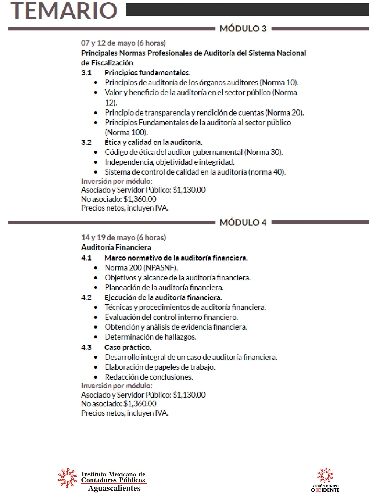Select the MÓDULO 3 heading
pyautogui.click(x=243, y=28)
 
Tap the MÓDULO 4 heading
pyautogui.click(x=243, y=222)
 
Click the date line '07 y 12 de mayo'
pyautogui.click(x=123, y=43)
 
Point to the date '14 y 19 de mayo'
pyautogui.click(x=123, y=238)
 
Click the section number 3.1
pyautogui.click(x=86, y=73)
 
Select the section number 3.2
pyautogui.click(x=86, y=143)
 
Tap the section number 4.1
pyautogui.click(x=86, y=258)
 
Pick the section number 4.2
pyautogui.click(x=86, y=297)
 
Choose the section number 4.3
pyautogui.click(x=86, y=347)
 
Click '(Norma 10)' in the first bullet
pyautogui.click(x=279, y=83)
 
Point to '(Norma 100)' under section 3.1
pyautogui.click(x=126, y=132)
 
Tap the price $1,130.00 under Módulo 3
pyautogui.click(x=189, y=190)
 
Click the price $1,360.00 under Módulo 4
pyautogui.click(x=140, y=403)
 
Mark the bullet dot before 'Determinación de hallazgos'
pyautogui.click(x=96, y=337)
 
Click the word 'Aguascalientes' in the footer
pyautogui.click(x=114, y=488)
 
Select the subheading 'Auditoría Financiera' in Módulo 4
pyautogui.click(x=116, y=248)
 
